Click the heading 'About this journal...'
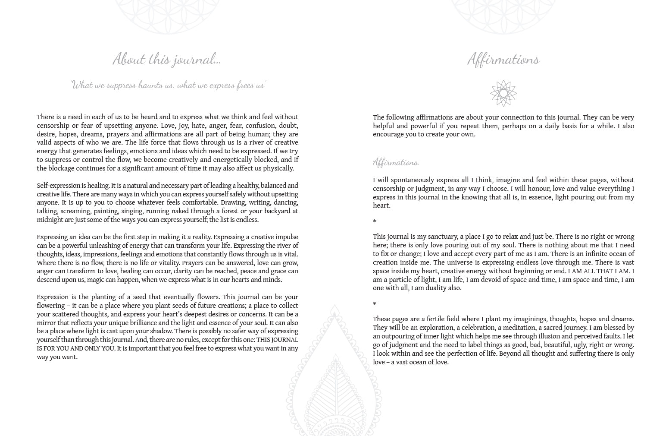pyautogui.click(x=166, y=59)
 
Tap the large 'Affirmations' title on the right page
pyautogui.click(x=503, y=59)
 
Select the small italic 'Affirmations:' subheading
pyautogui.click(x=396, y=162)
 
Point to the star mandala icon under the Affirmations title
pyautogui.click(x=503, y=93)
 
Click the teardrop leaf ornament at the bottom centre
pyautogui.click(x=334, y=380)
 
